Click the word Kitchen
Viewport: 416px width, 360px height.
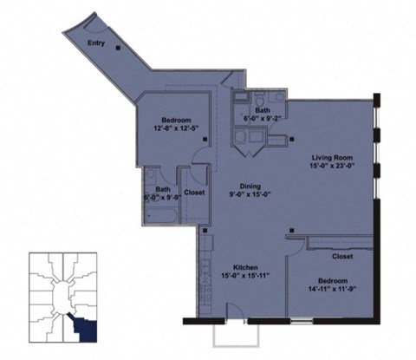[x=247, y=266]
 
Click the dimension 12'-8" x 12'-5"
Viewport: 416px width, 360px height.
[x=175, y=128]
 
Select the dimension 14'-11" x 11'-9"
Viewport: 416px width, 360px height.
[x=334, y=289]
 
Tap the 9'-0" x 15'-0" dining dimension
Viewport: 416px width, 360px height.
[x=250, y=194]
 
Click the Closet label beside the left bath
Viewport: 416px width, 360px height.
[x=194, y=192]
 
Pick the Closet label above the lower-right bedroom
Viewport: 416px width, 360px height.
[x=342, y=257]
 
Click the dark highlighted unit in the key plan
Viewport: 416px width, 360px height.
[x=84, y=327]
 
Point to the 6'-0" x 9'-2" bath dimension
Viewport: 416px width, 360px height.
[x=263, y=119]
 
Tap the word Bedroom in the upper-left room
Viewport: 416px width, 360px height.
[x=175, y=120]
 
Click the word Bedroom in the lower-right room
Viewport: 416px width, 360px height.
[x=334, y=280]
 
